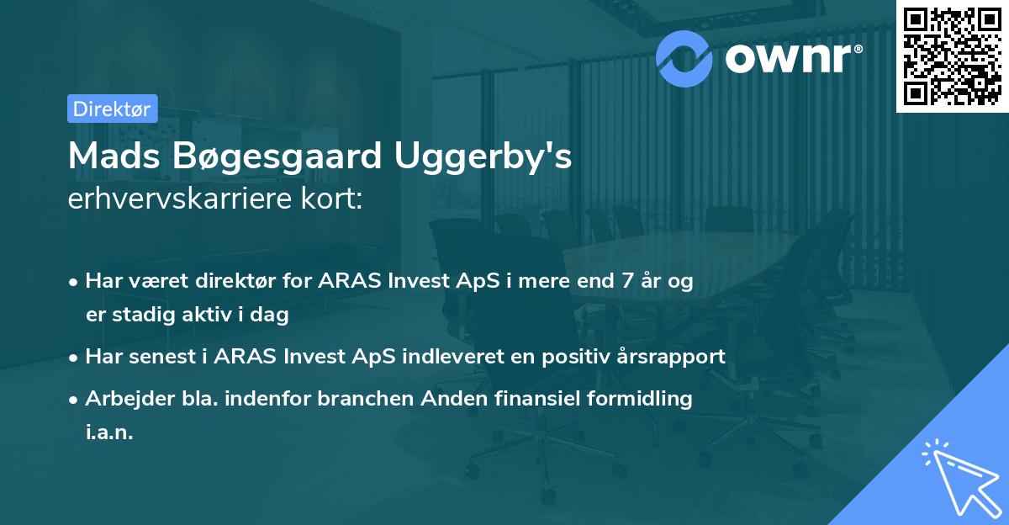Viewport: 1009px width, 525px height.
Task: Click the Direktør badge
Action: [x=112, y=109]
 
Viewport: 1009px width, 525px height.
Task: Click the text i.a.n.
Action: [x=109, y=432]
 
